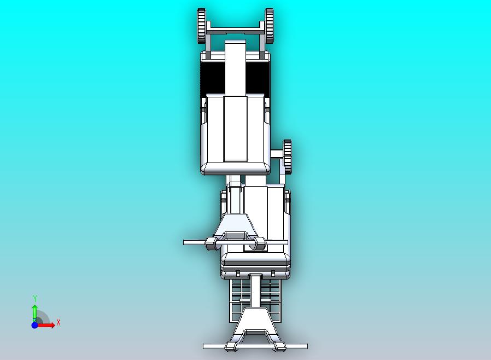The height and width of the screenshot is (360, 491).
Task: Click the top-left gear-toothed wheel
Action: [201, 26]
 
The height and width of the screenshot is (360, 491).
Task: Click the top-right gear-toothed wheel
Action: [269, 26]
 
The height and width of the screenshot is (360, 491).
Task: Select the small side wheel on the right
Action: [287, 156]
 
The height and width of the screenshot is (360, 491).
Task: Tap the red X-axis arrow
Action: [45, 325]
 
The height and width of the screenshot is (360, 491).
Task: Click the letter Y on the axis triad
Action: [35, 298]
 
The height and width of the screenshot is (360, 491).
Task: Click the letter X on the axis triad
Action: [59, 322]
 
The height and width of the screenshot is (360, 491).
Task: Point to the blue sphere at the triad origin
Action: [34, 325]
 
